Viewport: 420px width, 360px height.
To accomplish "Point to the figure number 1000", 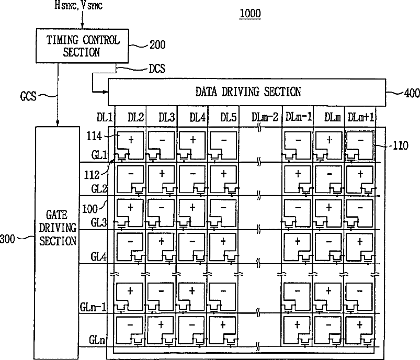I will pos(250,14).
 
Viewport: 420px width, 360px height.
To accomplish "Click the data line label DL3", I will pos(167,117).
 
